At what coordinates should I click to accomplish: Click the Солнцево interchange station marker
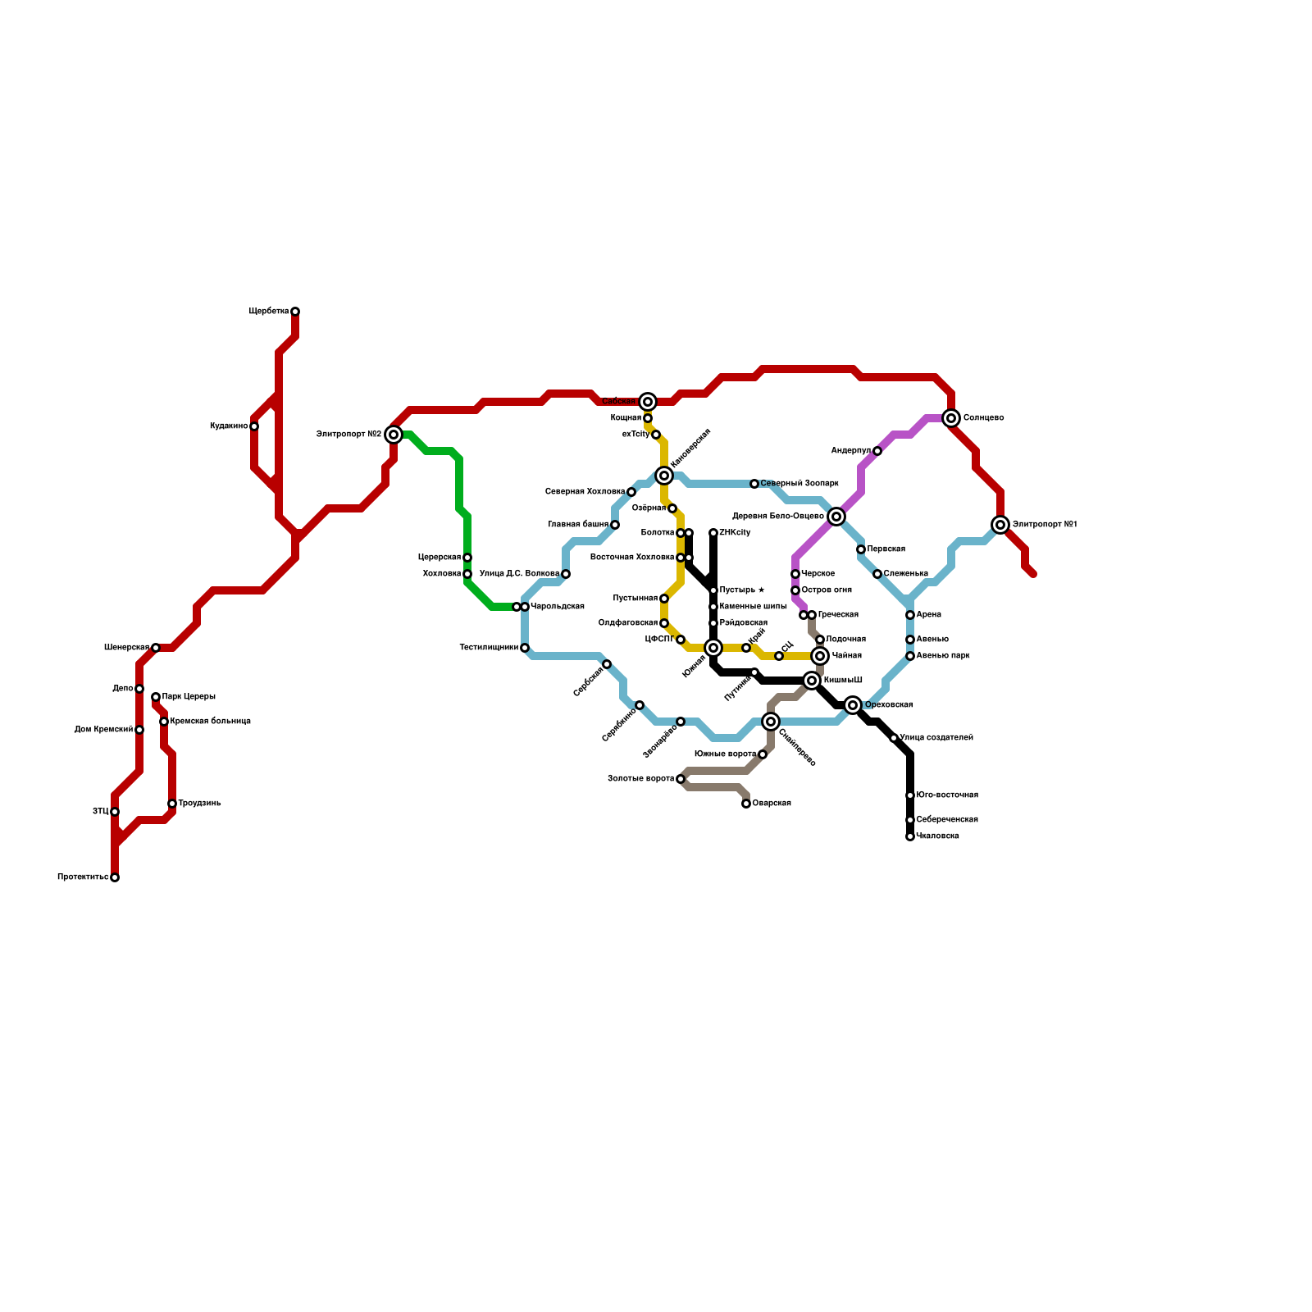951,418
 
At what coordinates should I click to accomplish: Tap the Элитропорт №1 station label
1045,525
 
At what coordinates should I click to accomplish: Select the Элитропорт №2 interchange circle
394,435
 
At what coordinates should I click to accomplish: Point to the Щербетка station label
269,312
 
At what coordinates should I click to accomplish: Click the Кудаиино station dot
254,426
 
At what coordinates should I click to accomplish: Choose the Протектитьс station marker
115,877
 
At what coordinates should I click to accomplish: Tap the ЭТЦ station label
100,812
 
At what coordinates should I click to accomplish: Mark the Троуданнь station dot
172,804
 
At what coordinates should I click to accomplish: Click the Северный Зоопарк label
799,484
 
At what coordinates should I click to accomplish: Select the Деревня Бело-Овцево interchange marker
836,517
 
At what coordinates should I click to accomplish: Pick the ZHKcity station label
735,533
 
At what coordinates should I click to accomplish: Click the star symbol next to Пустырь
761,590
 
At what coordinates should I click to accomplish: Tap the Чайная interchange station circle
820,656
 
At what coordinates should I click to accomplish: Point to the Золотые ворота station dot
681,779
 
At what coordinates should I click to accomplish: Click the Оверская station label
772,804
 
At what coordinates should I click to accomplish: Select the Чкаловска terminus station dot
910,836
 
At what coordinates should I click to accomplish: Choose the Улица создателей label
936,738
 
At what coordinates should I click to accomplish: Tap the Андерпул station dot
877,451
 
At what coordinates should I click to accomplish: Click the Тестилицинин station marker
525,648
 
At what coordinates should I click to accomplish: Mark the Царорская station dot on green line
467,558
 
